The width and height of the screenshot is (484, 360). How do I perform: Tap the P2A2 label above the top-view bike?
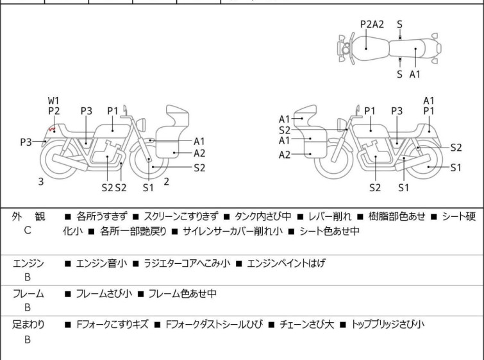tap(372, 24)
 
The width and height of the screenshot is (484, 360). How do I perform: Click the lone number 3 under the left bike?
tap(41, 182)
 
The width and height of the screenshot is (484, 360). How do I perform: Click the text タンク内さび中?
tap(263, 217)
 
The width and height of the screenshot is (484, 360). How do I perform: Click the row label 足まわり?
tap(28, 325)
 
